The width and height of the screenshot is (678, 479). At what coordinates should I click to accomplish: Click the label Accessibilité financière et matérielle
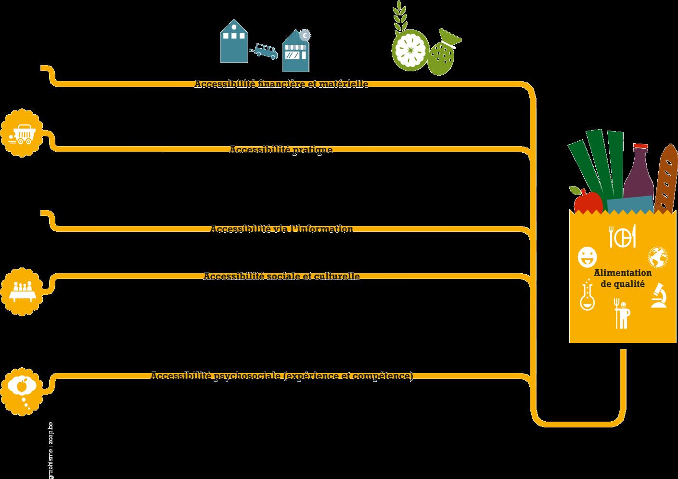click(x=281, y=84)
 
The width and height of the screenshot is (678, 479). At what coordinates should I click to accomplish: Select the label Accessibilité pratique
click(x=281, y=149)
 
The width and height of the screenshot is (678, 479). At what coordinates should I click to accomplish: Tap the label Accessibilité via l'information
click(x=281, y=229)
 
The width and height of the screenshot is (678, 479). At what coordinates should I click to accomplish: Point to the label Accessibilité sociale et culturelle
click(x=281, y=276)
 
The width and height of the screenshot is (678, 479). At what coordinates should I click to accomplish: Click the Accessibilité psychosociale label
click(x=281, y=375)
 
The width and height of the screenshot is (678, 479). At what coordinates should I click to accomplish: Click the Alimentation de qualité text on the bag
click(x=622, y=278)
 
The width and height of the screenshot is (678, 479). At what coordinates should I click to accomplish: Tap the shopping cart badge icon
click(x=22, y=133)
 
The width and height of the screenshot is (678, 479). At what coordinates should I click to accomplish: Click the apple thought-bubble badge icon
click(x=22, y=390)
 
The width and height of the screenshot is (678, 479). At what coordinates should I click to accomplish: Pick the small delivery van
click(x=265, y=51)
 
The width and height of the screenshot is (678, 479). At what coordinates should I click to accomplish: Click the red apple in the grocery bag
click(x=587, y=201)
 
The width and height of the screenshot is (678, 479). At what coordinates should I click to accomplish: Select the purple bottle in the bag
click(x=639, y=173)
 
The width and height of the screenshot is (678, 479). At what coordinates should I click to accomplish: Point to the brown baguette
click(x=666, y=178)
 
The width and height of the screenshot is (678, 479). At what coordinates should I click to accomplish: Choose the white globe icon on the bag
click(x=658, y=257)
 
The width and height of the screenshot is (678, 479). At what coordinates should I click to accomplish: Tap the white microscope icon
click(x=658, y=295)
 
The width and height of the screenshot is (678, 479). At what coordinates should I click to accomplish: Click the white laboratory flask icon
click(x=588, y=296)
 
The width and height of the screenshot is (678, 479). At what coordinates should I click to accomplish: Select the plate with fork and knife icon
click(x=623, y=236)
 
